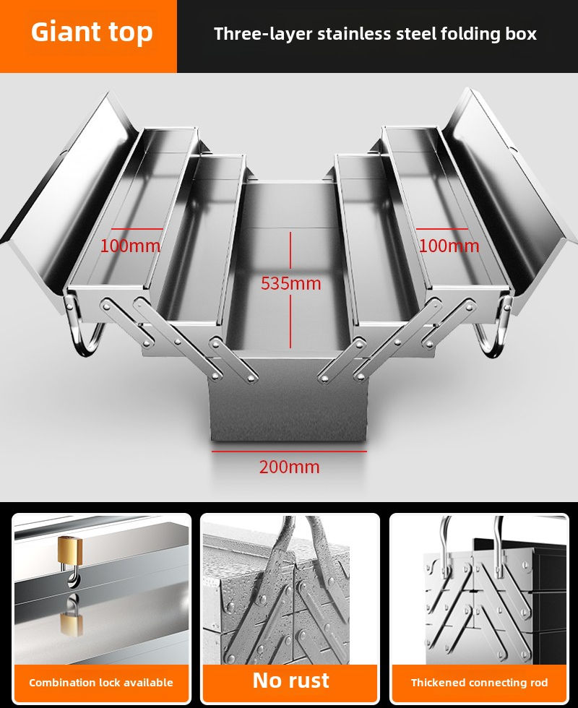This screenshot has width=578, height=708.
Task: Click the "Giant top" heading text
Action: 92,33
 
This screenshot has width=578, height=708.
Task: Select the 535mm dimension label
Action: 290,283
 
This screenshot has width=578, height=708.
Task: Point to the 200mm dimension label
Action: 290,467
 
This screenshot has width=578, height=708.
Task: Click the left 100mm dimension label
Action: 130,246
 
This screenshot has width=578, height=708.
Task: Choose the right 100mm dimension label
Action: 449,246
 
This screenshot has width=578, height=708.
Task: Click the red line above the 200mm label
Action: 289,451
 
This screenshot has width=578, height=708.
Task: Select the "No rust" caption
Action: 290,680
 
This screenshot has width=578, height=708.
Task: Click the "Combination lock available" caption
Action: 101,682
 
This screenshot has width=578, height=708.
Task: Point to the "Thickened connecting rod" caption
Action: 479,682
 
